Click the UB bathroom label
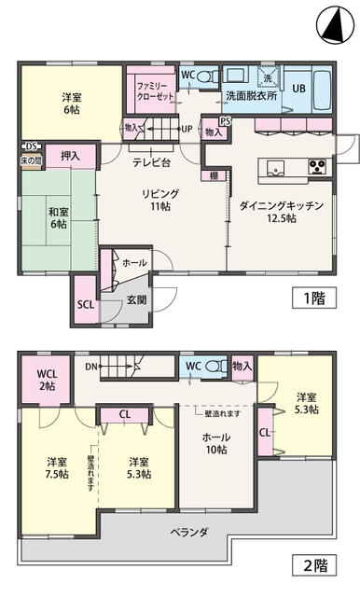click(299, 88)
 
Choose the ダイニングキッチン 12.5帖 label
click(281, 211)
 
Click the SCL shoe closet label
click(86, 304)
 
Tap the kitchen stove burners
click(317, 168)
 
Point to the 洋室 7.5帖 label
click(57, 467)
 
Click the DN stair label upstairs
click(90, 366)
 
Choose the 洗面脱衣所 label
click(248, 95)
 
